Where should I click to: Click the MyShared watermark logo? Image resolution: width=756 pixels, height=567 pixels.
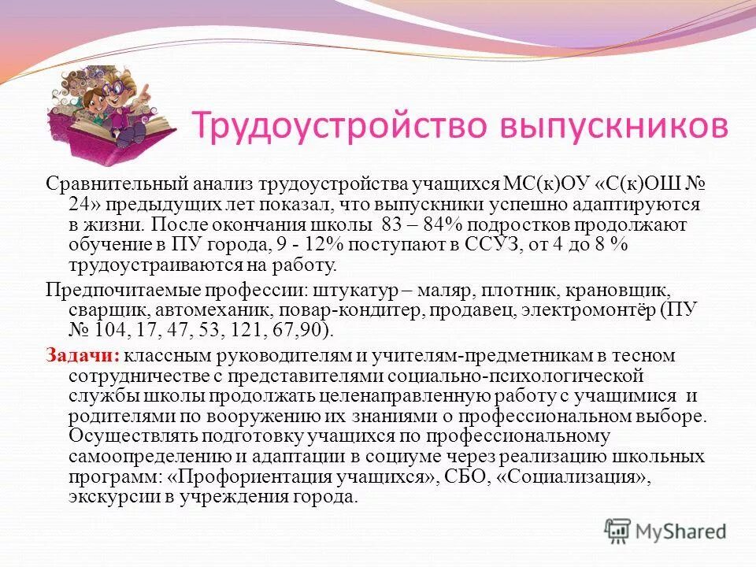665,530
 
